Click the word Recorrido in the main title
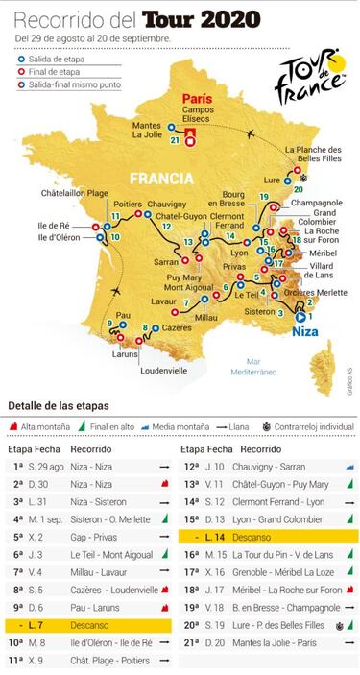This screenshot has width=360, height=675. pos(60,18)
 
